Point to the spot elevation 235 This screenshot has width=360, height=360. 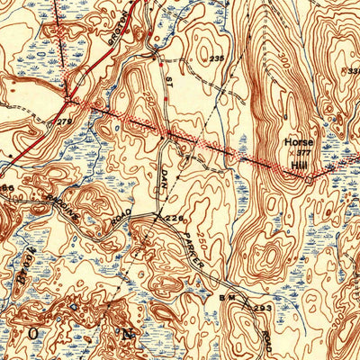click(216, 58)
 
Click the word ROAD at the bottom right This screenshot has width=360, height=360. click(270, 340)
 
